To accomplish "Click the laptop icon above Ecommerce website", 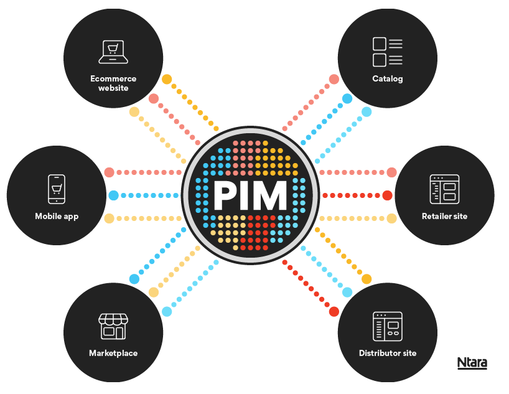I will click(113, 52).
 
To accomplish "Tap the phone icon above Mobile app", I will click(57, 189).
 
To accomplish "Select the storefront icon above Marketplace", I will click(113, 326).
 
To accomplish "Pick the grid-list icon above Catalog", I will click(387, 52).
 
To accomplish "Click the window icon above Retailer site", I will click(444, 189).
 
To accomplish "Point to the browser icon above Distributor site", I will click(387, 326).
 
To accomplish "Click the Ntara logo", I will click(472, 363).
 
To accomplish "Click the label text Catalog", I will click(388, 79).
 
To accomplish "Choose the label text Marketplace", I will click(113, 353).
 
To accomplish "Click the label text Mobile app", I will click(57, 217).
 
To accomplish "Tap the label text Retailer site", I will click(444, 216).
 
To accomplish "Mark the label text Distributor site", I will click(387, 353).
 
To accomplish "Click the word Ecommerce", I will click(113, 79).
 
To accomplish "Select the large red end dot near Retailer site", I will click(386, 195).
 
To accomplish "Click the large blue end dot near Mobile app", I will click(113, 195).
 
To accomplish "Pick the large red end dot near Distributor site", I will click(334, 311).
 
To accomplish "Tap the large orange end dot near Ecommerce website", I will click(167, 80).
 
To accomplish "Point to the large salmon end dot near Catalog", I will click(334, 80).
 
